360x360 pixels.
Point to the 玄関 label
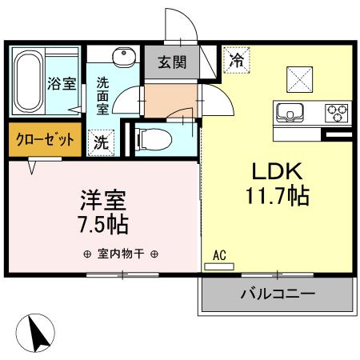[171, 62]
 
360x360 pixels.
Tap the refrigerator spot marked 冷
[237, 58]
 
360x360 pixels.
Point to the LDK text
[277, 172]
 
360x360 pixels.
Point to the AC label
[219, 256]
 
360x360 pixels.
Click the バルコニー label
[278, 294]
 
